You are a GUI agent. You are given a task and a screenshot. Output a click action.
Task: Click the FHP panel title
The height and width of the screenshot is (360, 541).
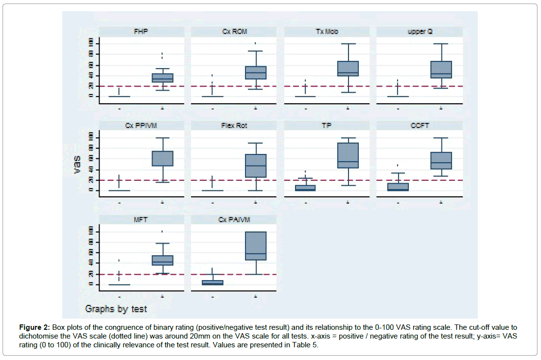(141, 32)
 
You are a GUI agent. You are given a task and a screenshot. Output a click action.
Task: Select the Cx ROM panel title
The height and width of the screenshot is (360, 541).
(234, 32)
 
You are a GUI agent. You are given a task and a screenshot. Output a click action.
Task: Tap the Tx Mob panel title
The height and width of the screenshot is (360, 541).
(327, 32)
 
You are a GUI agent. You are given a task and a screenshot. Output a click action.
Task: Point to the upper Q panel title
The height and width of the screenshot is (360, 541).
(419, 32)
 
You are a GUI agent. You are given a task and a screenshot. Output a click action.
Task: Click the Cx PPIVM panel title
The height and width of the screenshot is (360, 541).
(141, 126)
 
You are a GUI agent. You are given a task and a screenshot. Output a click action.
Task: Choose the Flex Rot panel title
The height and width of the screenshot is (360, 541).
(234, 126)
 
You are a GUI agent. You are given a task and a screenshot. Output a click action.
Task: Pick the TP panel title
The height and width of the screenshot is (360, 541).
(327, 126)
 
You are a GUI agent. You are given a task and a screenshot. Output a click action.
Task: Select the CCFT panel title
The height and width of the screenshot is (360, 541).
(419, 126)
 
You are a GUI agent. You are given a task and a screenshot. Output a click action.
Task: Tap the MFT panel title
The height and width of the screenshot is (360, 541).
(141, 220)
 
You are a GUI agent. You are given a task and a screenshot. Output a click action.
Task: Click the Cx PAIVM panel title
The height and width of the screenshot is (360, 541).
(234, 220)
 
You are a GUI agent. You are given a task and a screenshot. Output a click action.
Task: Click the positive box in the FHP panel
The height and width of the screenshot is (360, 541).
(162, 78)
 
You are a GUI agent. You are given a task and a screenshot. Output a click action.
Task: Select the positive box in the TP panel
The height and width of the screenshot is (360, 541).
(348, 155)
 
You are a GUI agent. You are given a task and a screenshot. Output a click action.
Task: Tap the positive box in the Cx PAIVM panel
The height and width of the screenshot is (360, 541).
(255, 246)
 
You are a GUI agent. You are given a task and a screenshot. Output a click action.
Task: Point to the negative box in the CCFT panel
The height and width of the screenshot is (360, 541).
(398, 187)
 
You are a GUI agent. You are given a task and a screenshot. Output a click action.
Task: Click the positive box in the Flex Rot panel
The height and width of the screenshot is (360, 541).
(255, 166)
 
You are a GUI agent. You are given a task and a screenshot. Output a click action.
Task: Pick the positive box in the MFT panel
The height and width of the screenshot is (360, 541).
(162, 260)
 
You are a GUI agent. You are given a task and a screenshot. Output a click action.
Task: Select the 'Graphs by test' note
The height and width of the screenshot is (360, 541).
(116, 309)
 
